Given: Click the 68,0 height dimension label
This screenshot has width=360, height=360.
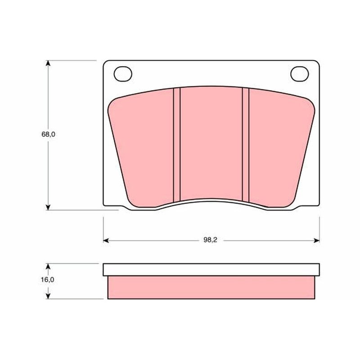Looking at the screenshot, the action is pos(49,134).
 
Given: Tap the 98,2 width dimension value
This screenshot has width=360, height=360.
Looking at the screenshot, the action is pos(210,240).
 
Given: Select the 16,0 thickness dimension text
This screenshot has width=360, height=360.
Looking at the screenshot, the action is pos(48,279).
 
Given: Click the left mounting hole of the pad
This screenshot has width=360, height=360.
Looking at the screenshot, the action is pos(123,74).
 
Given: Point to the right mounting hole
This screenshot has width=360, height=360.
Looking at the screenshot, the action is pos(299,74).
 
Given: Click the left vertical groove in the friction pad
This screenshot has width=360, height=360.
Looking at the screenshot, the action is pos(177,145).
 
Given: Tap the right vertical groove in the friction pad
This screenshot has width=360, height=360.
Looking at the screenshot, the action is pos(245,145).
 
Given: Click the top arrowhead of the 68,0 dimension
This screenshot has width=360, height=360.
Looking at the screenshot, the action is pos(48,63).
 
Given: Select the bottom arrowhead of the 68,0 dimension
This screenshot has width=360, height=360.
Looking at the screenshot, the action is pos(48,207).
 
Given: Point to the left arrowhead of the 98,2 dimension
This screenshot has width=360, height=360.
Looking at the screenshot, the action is pos(106,240).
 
